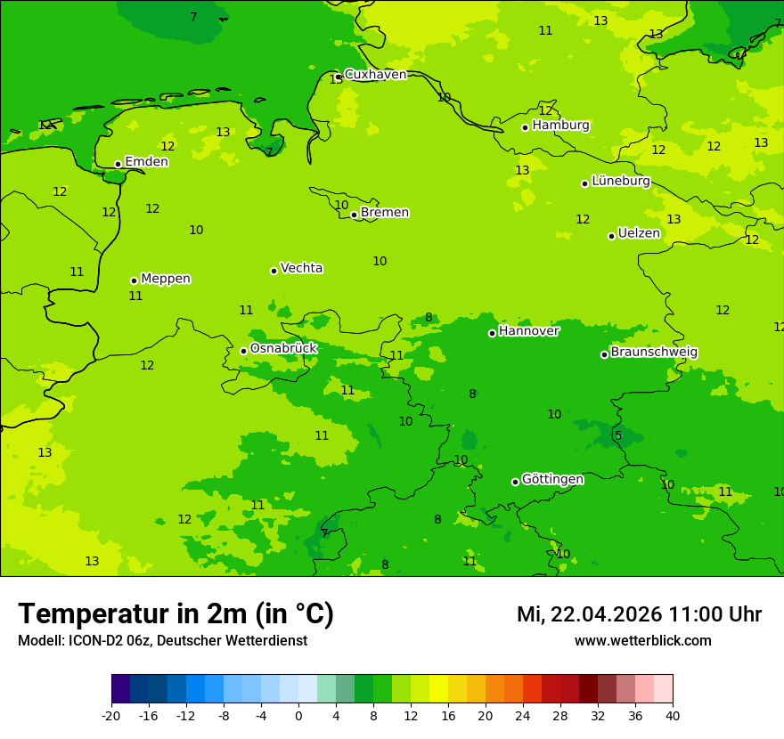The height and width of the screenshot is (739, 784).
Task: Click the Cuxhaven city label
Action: (375, 75)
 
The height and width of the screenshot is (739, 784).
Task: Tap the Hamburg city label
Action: (560, 126)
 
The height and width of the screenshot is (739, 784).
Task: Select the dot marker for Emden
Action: (118, 164)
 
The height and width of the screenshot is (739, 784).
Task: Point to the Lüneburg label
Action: (620, 181)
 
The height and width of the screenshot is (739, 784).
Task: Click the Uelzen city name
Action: (639, 233)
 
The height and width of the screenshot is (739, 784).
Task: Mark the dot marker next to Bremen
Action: (354, 215)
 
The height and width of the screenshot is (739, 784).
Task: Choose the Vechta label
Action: (301, 268)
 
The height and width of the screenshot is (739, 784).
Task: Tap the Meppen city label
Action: (166, 279)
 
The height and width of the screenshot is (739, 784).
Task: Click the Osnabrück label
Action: (283, 348)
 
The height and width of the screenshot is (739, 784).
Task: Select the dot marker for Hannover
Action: (492, 333)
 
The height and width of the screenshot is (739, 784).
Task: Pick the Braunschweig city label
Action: (654, 352)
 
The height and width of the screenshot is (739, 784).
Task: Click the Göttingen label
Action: (552, 479)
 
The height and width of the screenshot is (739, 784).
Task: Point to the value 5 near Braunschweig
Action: (618, 435)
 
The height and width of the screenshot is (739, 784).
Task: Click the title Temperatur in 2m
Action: (176, 614)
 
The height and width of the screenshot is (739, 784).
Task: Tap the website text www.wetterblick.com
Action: (642, 640)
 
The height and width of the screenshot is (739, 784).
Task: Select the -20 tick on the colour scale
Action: (111, 715)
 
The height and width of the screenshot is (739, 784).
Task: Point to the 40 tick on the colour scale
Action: (673, 715)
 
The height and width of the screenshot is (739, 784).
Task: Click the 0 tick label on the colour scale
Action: (298, 715)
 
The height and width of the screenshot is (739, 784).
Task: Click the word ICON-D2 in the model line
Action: (96, 640)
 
